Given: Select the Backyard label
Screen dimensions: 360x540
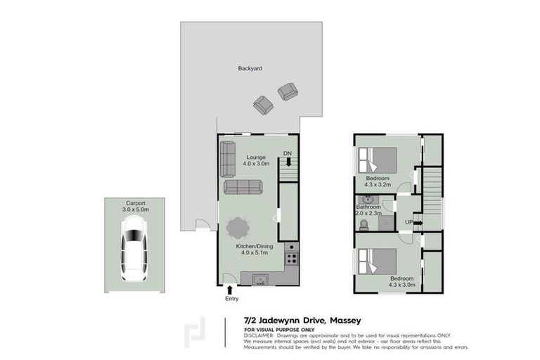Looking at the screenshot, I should click(250, 69).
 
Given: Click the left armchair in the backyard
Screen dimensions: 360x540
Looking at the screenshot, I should click(263, 105).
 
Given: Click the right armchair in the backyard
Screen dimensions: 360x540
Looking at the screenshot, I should click(287, 91).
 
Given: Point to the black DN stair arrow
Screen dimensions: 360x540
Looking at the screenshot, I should click(288, 162).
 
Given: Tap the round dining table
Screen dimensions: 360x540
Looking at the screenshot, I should click(238, 228).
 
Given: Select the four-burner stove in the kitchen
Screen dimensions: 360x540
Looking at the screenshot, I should click(292, 259).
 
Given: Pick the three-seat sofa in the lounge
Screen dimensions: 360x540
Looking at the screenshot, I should click(243, 186).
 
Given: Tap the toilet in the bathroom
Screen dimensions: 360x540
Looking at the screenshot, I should click(364, 225).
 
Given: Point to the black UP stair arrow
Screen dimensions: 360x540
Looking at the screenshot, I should click(418, 223).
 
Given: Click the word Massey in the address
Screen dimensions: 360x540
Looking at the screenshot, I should click(344, 320).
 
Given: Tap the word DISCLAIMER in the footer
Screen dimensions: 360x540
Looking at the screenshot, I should click(259, 335).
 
